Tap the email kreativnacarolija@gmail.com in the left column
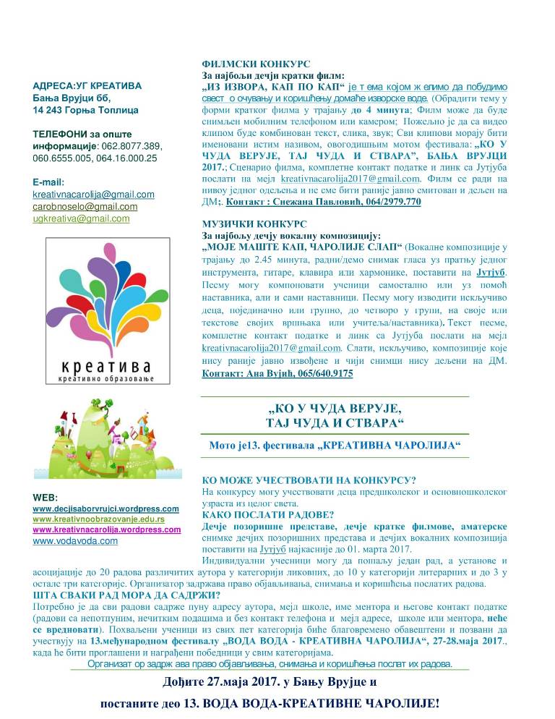tap(93, 195)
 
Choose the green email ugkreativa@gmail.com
tap(81, 218)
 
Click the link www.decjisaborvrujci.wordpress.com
tap(106, 509)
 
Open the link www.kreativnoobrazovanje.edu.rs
tap(98, 519)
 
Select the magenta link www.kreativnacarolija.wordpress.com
tap(106, 529)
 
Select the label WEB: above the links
tap(46, 498)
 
